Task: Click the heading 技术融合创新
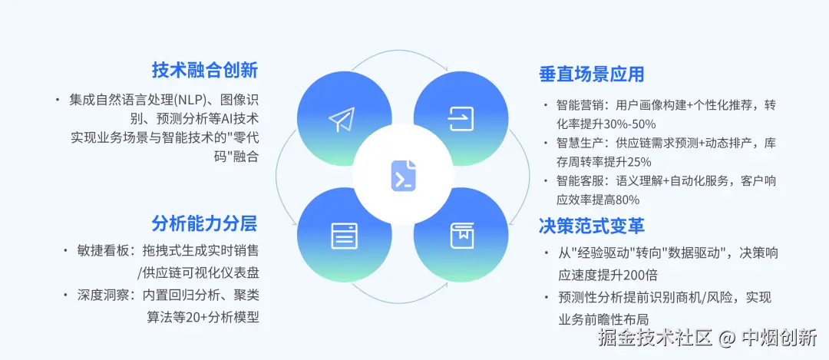(x=204, y=71)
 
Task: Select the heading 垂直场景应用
(x=591, y=74)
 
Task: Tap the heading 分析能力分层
(x=204, y=223)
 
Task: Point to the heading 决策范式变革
(x=591, y=226)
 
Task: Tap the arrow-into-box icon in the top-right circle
(x=461, y=118)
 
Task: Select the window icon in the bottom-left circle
(x=344, y=235)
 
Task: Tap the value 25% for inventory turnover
(x=639, y=161)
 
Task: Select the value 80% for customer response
(x=626, y=200)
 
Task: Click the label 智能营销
(x=578, y=105)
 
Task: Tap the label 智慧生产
(x=578, y=143)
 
